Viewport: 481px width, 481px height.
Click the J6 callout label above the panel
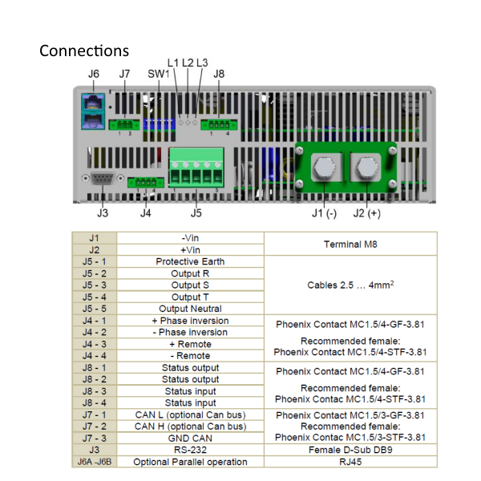pyautogui.click(x=94, y=75)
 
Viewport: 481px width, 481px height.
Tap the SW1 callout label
pyautogui.click(x=158, y=75)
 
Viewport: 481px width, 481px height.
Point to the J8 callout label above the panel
pyautogui.click(x=219, y=75)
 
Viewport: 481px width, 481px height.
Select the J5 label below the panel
pyautogui.click(x=196, y=212)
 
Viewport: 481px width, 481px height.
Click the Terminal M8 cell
pyautogui.click(x=350, y=244)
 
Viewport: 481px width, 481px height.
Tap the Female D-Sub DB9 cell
pyautogui.click(x=350, y=450)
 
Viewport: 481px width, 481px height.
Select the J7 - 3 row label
pyautogui.click(x=95, y=438)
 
